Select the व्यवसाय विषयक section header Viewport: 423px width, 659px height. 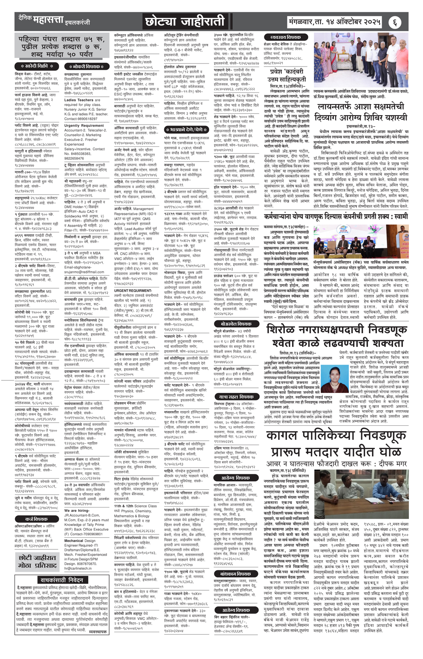(x=282, y=38)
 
